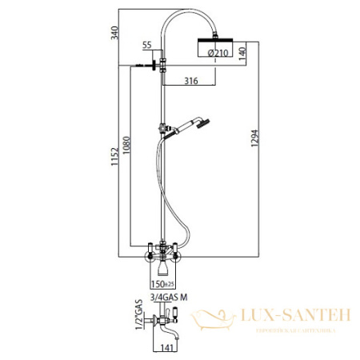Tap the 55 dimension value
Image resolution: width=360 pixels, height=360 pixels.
click(146, 46)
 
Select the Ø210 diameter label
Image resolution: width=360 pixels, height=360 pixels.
click(219, 54)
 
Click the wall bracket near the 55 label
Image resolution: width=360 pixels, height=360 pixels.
click(149, 64)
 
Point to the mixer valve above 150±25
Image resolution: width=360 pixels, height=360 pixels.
click(163, 254)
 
